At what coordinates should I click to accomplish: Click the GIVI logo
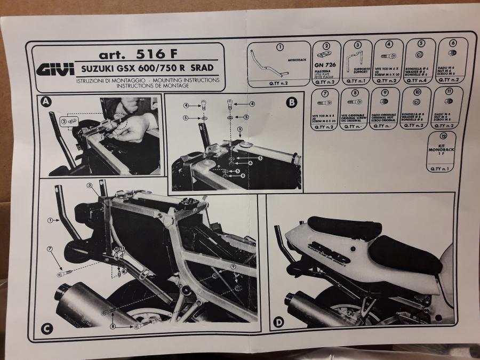(x=52, y=70)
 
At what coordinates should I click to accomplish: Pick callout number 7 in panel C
(x=50, y=249)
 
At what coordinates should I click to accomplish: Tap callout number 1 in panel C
(x=50, y=219)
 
